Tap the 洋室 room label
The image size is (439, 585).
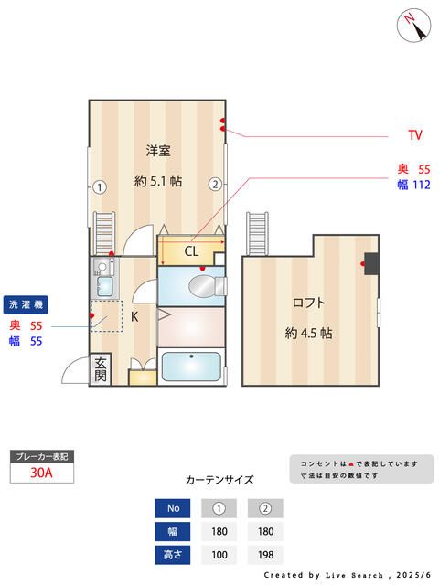(x=158, y=150)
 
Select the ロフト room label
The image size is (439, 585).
(x=308, y=303)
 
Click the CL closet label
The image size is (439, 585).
(x=191, y=250)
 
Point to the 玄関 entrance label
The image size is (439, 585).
(x=101, y=369)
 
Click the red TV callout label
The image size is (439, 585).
(x=415, y=135)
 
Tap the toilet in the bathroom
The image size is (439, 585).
(x=205, y=286)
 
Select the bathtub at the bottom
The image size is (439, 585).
(x=190, y=367)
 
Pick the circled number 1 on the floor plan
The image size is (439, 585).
(x=100, y=186)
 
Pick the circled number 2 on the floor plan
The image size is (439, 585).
(x=214, y=184)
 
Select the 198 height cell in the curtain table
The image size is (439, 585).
(x=266, y=554)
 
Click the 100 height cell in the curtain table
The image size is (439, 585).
(x=219, y=554)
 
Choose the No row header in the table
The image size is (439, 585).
(x=174, y=508)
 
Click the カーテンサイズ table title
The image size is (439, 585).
(x=219, y=479)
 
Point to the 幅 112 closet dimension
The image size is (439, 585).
(x=413, y=186)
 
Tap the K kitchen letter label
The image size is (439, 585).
(x=134, y=317)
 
